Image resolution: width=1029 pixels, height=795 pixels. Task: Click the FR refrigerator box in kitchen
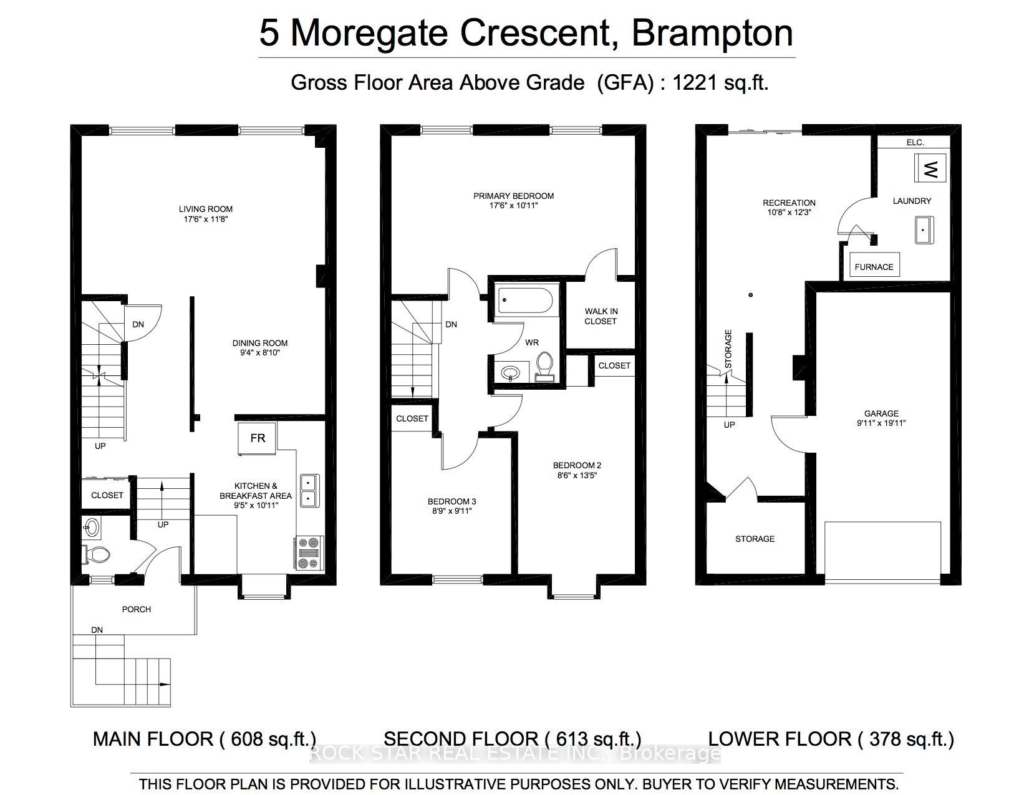(258, 438)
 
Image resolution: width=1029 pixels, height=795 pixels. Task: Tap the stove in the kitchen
(309, 553)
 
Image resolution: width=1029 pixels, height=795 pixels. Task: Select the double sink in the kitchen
(308, 490)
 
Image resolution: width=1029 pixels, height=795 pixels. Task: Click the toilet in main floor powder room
(95, 553)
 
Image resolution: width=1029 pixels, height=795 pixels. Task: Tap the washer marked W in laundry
(930, 168)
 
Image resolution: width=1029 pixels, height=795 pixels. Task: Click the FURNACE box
(874, 266)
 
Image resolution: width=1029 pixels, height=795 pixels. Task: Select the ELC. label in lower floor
(915, 143)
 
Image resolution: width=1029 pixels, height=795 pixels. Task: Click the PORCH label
(137, 609)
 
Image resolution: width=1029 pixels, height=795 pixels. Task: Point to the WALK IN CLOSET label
(601, 316)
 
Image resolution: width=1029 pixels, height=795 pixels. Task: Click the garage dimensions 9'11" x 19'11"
(881, 423)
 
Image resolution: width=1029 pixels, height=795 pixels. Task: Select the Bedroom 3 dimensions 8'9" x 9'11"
(452, 511)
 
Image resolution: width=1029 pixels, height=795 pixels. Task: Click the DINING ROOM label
(260, 343)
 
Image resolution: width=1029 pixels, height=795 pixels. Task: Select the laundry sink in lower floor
(924, 231)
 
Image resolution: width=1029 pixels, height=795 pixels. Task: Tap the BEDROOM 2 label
(577, 465)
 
